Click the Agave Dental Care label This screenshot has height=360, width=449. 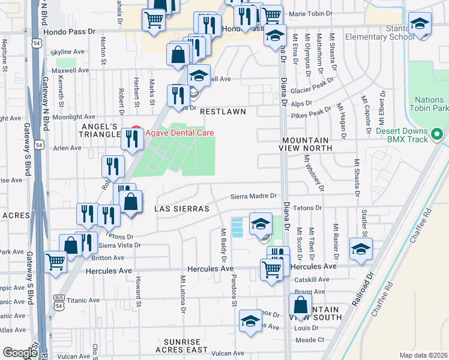click(179, 133)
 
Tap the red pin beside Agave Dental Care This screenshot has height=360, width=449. click(136, 130)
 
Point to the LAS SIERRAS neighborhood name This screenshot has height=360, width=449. click(181, 209)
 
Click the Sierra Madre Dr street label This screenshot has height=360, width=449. click(255, 196)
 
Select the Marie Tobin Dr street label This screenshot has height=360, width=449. click(310, 13)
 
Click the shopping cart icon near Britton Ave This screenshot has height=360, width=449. click(55, 262)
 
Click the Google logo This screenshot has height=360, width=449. click(20, 352)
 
